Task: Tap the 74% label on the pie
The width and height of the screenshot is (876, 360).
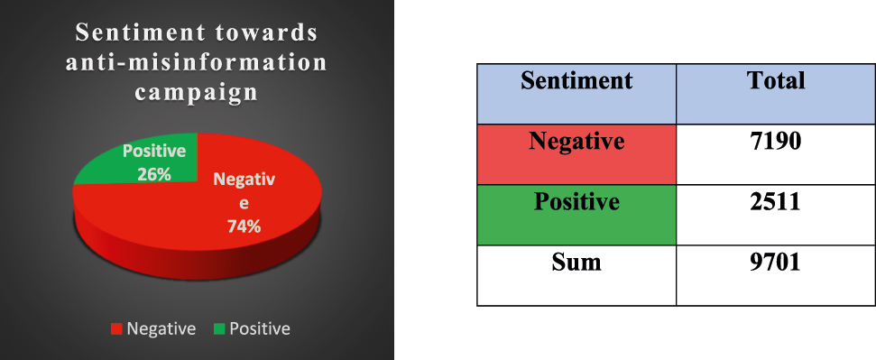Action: coord(243,226)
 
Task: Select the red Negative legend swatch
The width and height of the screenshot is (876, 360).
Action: coord(116,329)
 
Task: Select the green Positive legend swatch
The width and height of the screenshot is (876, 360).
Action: coord(218,329)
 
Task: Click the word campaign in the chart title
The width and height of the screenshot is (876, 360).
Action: coord(197,92)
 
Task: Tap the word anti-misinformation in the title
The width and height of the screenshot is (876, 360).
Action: coord(197,63)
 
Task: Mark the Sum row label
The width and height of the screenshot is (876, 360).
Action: coord(576,263)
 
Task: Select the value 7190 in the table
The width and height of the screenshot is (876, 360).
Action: coord(776,143)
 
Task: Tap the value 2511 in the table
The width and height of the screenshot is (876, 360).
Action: coord(776,201)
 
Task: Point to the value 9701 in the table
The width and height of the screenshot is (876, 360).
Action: coord(776,263)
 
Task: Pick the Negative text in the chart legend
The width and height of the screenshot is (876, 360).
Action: coord(161,329)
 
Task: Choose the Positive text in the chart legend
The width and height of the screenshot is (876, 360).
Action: coord(260,329)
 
